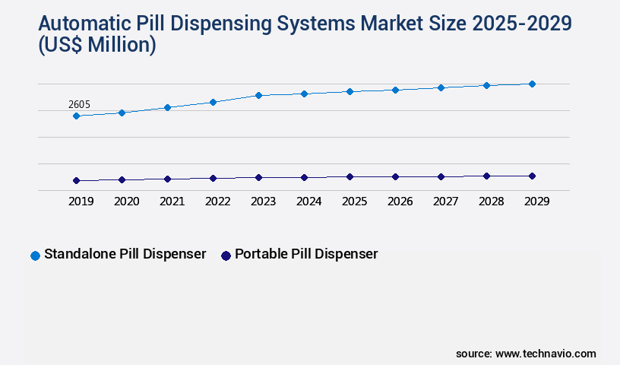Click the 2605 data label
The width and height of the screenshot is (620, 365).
click(x=79, y=104)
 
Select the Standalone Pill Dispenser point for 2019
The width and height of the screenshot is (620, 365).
click(x=76, y=116)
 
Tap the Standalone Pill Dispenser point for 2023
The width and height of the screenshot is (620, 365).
click(x=258, y=95)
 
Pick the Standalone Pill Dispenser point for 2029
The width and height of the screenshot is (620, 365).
click(x=532, y=84)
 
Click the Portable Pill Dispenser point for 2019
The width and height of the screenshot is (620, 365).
click(x=76, y=180)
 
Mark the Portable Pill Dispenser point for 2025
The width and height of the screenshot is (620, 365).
click(x=350, y=176)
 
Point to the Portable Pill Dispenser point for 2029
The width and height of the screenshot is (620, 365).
click(x=532, y=176)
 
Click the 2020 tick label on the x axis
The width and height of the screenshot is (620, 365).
click(x=126, y=202)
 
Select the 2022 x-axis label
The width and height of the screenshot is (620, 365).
click(x=217, y=202)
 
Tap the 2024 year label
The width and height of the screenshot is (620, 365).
click(x=308, y=202)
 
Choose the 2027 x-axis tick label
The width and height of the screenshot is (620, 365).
click(x=445, y=202)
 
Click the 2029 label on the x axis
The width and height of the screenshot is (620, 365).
click(x=536, y=202)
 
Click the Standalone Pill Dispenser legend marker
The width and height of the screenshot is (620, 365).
click(x=35, y=255)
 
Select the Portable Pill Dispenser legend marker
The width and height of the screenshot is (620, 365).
click(x=226, y=255)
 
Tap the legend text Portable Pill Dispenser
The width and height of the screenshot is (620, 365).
click(x=306, y=254)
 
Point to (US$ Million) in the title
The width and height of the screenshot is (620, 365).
click(x=97, y=46)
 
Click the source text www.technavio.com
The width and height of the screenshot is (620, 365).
click(x=546, y=354)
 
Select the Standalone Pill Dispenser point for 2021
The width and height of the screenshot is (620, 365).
click(x=167, y=107)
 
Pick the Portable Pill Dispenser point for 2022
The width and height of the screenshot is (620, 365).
click(x=213, y=178)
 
